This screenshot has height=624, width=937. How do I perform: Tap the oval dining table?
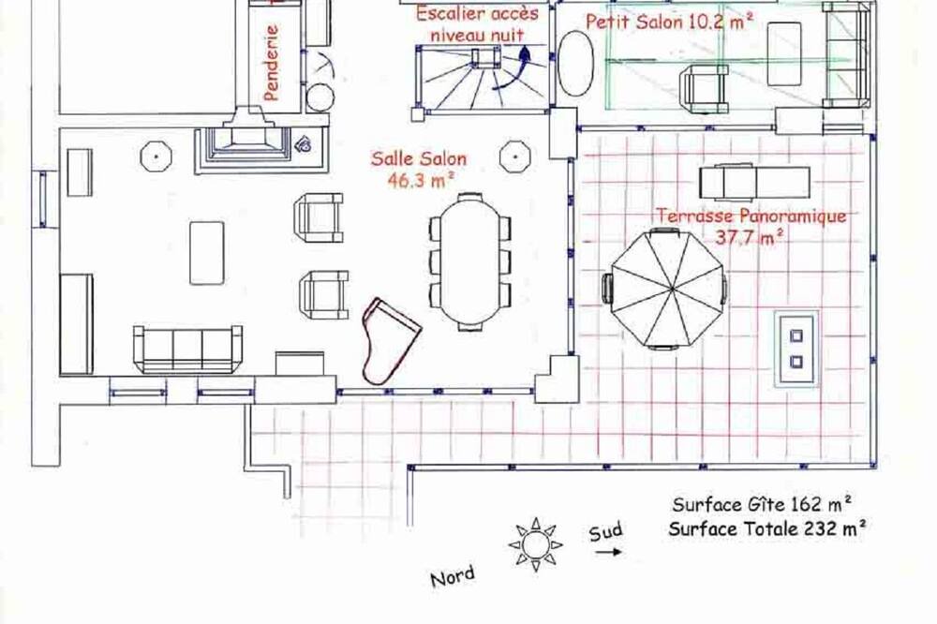tap(469, 261)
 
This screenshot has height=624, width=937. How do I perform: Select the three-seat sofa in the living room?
tap(187, 349)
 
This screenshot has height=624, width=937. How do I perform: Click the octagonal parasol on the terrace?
tap(668, 288)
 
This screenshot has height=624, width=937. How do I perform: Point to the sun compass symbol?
tap(535, 544)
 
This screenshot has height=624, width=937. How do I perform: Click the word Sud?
tap(605, 530)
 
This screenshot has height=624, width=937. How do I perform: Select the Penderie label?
tap(271, 62)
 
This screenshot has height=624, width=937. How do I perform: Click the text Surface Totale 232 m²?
tap(767, 528)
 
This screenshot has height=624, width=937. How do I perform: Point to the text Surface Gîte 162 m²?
tap(762, 504)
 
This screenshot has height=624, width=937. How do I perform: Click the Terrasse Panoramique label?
tap(751, 215)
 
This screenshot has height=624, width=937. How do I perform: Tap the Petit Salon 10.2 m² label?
tap(669, 22)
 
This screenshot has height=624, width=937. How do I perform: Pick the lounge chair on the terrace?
tap(754, 182)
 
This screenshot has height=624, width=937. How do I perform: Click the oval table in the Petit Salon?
tap(575, 63)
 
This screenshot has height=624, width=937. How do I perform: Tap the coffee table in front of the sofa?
tap(207, 253)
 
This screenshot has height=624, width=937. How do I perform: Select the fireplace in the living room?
tap(248, 141)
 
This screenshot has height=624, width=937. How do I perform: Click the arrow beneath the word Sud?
tap(608, 552)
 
